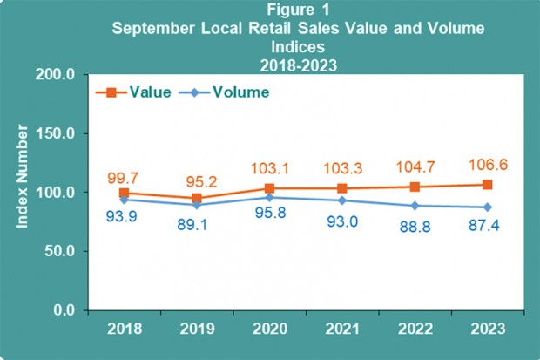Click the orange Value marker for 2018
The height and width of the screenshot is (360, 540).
pos(124,193)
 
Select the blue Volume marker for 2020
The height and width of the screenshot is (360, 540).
pos(269,197)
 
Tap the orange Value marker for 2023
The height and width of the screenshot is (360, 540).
pos(488,184)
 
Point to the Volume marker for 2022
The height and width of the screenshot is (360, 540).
pos(415,206)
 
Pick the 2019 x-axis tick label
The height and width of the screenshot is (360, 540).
pos(196,330)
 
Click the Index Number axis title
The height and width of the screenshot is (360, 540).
pos(24,192)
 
